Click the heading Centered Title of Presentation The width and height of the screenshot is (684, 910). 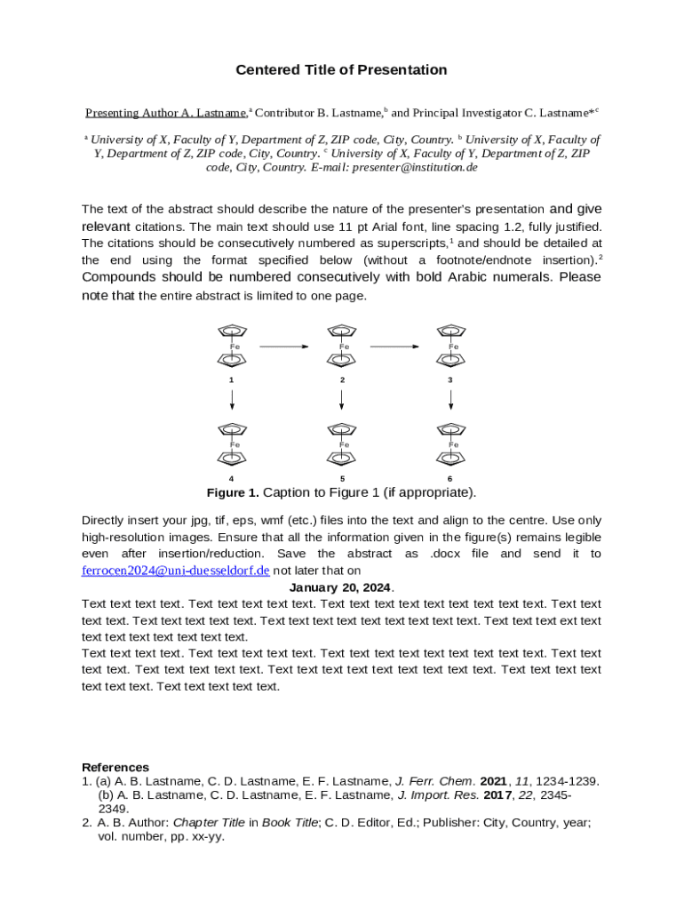(341, 70)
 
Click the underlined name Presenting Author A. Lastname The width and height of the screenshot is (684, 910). (165, 113)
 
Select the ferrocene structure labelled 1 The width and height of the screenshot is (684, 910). (232, 346)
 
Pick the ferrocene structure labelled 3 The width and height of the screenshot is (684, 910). (451, 346)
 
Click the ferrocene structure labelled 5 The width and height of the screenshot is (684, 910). (342, 443)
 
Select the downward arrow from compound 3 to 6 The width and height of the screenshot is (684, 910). (451, 399)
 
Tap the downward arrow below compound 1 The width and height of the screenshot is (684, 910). (232, 399)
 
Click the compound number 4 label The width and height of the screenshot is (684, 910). (232, 479)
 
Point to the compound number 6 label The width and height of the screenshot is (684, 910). (450, 479)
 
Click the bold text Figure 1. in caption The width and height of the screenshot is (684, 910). (233, 492)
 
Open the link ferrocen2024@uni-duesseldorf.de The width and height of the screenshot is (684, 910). (175, 571)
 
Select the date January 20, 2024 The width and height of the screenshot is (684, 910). (341, 587)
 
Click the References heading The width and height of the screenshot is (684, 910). (115, 767)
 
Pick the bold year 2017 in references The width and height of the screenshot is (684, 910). (497, 795)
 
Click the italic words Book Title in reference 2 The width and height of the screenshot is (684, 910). (290, 823)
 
